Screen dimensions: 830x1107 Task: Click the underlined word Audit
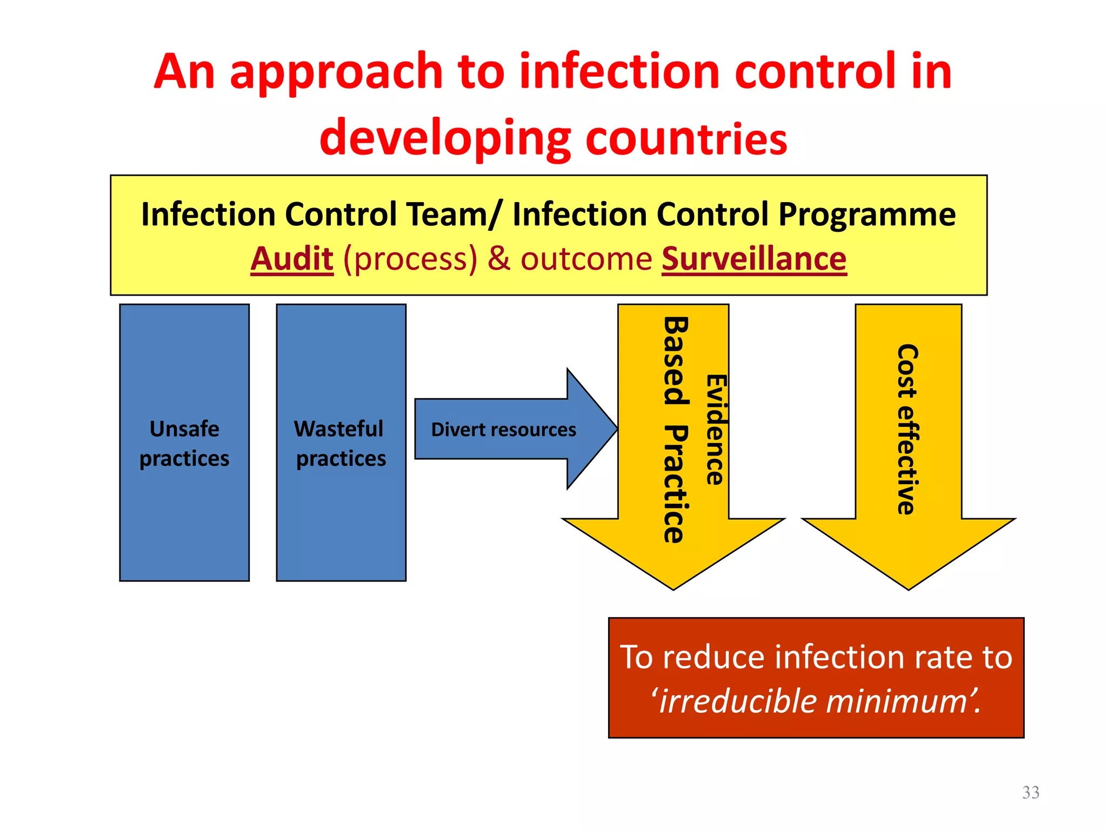pos(292,259)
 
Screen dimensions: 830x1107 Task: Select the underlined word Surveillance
pos(754,259)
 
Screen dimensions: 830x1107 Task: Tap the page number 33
pos(1030,792)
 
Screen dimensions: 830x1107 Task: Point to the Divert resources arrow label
pos(503,430)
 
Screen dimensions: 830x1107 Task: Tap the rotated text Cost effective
pos(908,430)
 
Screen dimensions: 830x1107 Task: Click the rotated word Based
pos(676,360)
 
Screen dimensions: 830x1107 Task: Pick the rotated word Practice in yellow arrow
pos(676,484)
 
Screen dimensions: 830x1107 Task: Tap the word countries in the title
pos(686,138)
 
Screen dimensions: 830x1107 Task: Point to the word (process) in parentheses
pos(410,259)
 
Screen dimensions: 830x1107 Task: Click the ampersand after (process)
pos(499,259)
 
